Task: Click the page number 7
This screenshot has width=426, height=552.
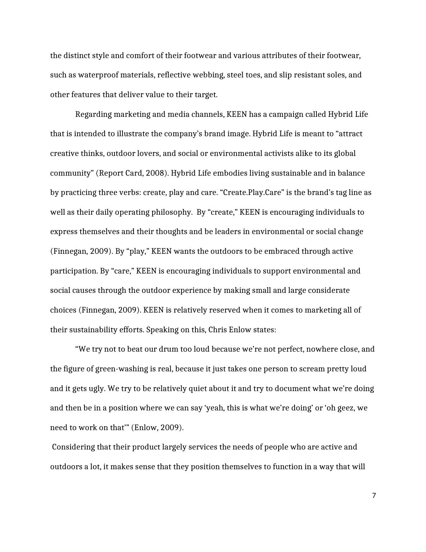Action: [x=374, y=496]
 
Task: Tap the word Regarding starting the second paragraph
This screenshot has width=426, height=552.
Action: [x=93, y=114]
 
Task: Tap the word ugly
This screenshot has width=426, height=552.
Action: [x=96, y=389]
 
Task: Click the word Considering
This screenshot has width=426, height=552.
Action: [x=73, y=447]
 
